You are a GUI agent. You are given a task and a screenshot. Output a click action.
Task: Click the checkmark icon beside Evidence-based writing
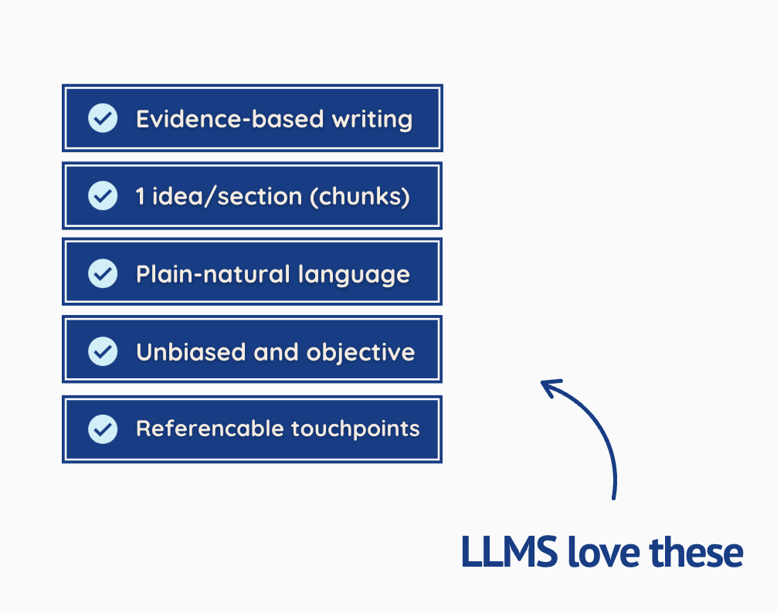pyautogui.click(x=103, y=119)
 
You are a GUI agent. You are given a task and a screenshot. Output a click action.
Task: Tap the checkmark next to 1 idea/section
pyautogui.click(x=103, y=196)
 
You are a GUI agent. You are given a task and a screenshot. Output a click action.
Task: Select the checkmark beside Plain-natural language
pyautogui.click(x=103, y=273)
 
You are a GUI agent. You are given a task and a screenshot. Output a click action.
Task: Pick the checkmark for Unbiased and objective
pyautogui.click(x=103, y=351)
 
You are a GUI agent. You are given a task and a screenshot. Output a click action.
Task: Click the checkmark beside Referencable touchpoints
pyautogui.click(x=103, y=428)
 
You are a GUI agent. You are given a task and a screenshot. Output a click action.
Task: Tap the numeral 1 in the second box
pyautogui.click(x=140, y=196)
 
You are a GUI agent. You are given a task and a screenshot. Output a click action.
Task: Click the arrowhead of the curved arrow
pyautogui.click(x=549, y=385)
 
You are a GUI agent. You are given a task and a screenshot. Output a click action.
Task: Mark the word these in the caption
pyautogui.click(x=695, y=553)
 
